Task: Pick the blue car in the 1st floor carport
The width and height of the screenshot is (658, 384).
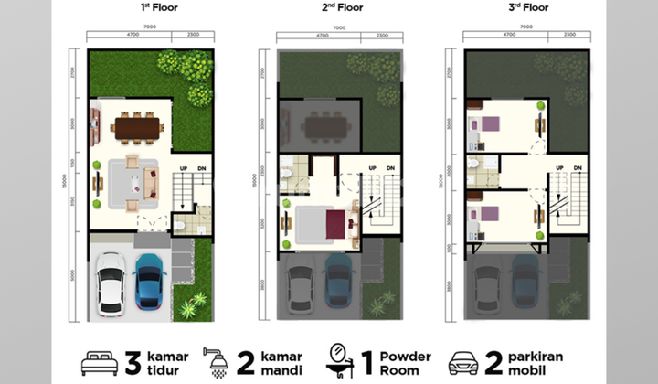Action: point(149,280)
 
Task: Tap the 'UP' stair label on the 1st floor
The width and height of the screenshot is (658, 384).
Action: point(185,169)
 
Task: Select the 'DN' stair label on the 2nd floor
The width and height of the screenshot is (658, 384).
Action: point(390,169)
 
